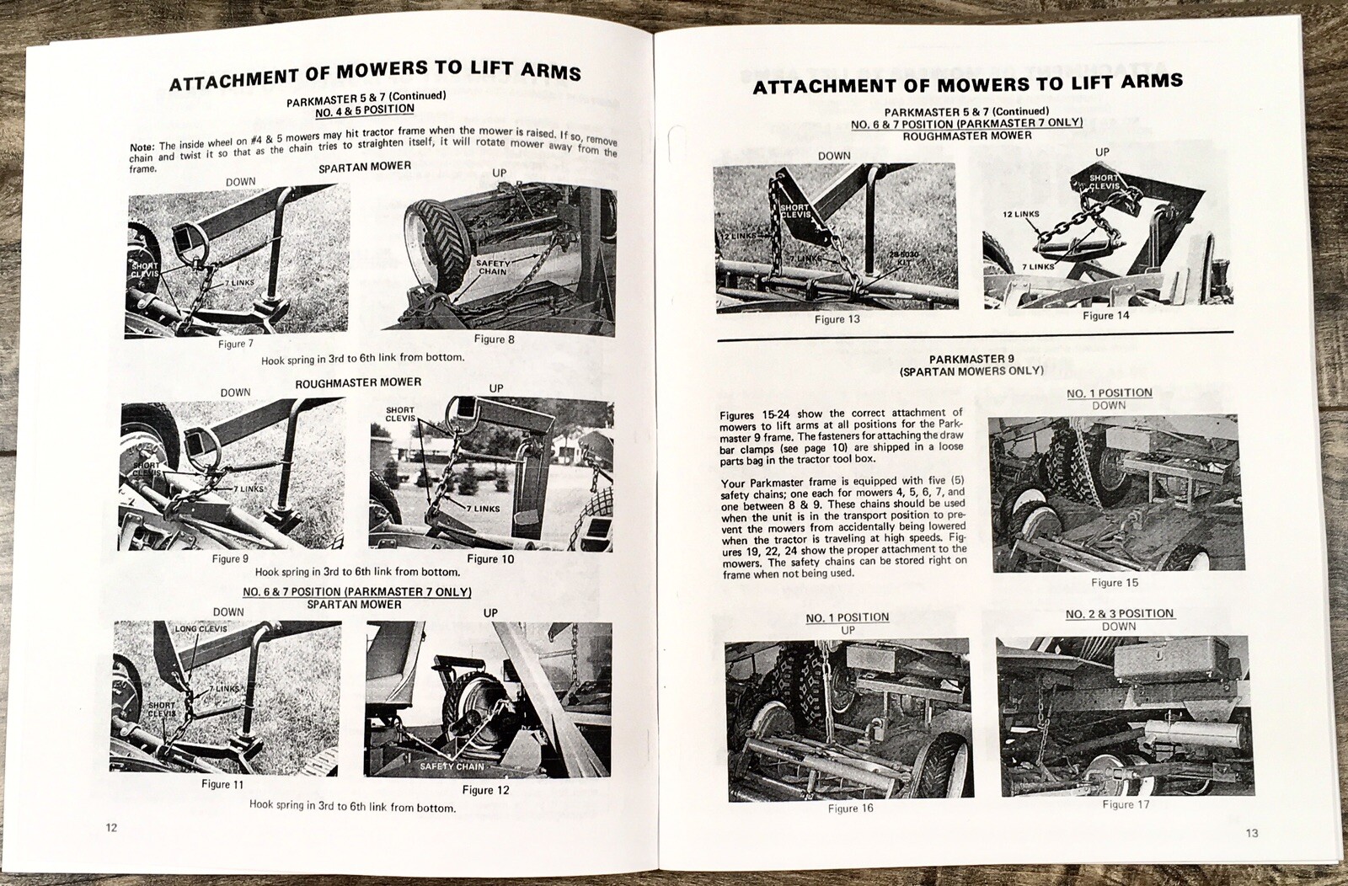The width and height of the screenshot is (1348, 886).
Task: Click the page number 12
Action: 111,826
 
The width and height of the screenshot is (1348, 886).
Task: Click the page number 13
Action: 1251,833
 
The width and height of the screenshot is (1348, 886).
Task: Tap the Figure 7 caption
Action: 235,344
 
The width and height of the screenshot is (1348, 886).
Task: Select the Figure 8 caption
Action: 494,339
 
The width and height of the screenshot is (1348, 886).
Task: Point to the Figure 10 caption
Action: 489,558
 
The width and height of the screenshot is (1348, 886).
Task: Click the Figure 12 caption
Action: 485,790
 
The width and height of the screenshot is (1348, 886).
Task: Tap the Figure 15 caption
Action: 1114,582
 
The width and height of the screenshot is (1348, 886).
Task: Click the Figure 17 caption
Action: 1125,804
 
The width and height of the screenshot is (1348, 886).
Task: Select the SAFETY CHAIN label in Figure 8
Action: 493,267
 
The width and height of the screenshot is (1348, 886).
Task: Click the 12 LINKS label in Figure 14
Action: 1021,214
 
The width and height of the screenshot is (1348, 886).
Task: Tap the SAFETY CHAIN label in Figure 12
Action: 452,766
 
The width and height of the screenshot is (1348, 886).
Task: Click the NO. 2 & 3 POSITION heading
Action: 1119,613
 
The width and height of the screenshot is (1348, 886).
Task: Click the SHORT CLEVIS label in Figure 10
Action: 400,414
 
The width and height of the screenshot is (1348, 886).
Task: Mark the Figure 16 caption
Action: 850,809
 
